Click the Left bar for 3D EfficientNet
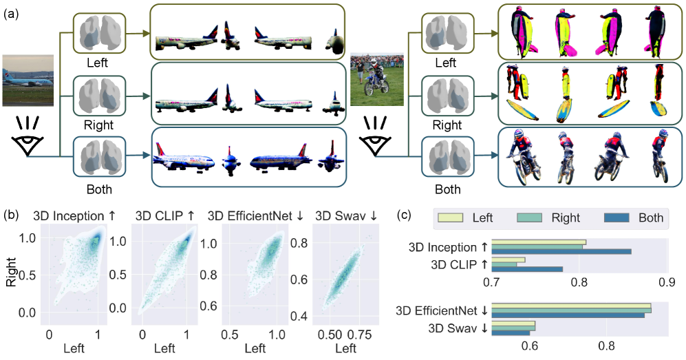[570, 304]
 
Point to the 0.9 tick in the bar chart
[666, 282]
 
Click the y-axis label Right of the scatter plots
[12, 275]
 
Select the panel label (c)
[407, 215]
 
